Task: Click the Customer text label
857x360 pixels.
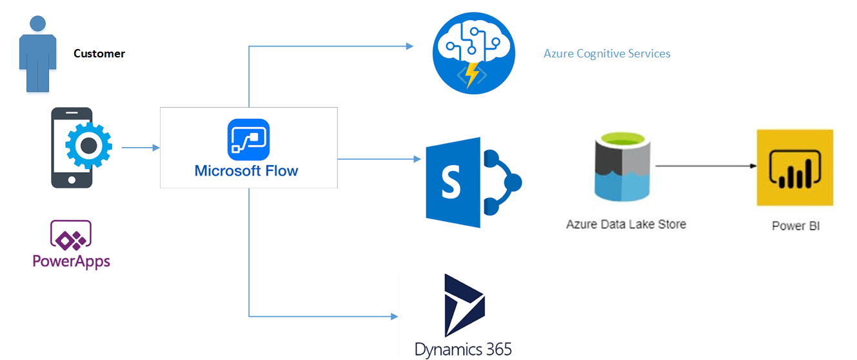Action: tap(99, 54)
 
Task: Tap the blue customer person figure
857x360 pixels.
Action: tap(37, 55)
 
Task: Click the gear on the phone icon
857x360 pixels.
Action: tap(88, 146)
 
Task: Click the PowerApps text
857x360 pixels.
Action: tap(71, 261)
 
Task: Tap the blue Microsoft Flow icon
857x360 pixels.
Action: tap(248, 139)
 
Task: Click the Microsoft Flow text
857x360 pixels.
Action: tap(246, 171)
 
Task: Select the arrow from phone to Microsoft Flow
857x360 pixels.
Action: tap(141, 148)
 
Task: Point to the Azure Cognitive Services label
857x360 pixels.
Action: tap(607, 54)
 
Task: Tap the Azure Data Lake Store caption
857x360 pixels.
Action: tap(626, 225)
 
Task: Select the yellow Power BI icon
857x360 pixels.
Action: tap(794, 168)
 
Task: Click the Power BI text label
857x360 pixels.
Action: tap(796, 226)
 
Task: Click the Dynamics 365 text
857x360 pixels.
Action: tap(463, 350)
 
